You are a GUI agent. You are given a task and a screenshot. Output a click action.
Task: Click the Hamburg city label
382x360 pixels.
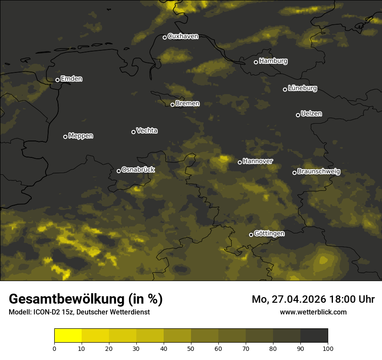tap(273, 61)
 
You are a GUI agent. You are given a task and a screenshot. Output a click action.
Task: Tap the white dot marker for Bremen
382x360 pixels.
tap(172, 105)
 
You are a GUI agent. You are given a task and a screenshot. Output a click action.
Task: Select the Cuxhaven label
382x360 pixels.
tap(183, 36)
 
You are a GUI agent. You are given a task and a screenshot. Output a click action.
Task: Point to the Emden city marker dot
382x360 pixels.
tap(57, 80)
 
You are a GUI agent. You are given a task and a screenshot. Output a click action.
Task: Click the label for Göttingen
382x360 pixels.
tap(269, 234)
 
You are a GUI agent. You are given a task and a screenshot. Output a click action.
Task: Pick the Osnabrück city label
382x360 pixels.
tap(138, 170)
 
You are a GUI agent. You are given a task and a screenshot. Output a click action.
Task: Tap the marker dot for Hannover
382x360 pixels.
tap(240, 162)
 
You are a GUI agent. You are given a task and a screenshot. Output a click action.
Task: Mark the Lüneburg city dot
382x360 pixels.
tap(285, 89)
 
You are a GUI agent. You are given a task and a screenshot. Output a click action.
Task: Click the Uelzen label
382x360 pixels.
tap(311, 114)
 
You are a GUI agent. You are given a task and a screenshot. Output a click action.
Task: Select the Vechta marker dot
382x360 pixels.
tap(133, 132)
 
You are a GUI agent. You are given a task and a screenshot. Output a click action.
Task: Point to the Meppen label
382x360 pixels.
tap(81, 136)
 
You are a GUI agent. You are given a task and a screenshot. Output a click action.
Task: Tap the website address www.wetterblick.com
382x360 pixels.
tap(313, 312)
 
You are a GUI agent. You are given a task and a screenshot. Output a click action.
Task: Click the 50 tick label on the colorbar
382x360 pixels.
tap(191, 348)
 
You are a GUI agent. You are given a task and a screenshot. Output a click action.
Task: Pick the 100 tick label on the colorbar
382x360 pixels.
tap(328, 348)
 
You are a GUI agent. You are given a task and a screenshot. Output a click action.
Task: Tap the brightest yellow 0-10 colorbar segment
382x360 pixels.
tap(68, 336)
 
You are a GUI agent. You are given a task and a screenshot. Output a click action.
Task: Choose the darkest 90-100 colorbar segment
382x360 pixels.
tap(314, 336)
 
